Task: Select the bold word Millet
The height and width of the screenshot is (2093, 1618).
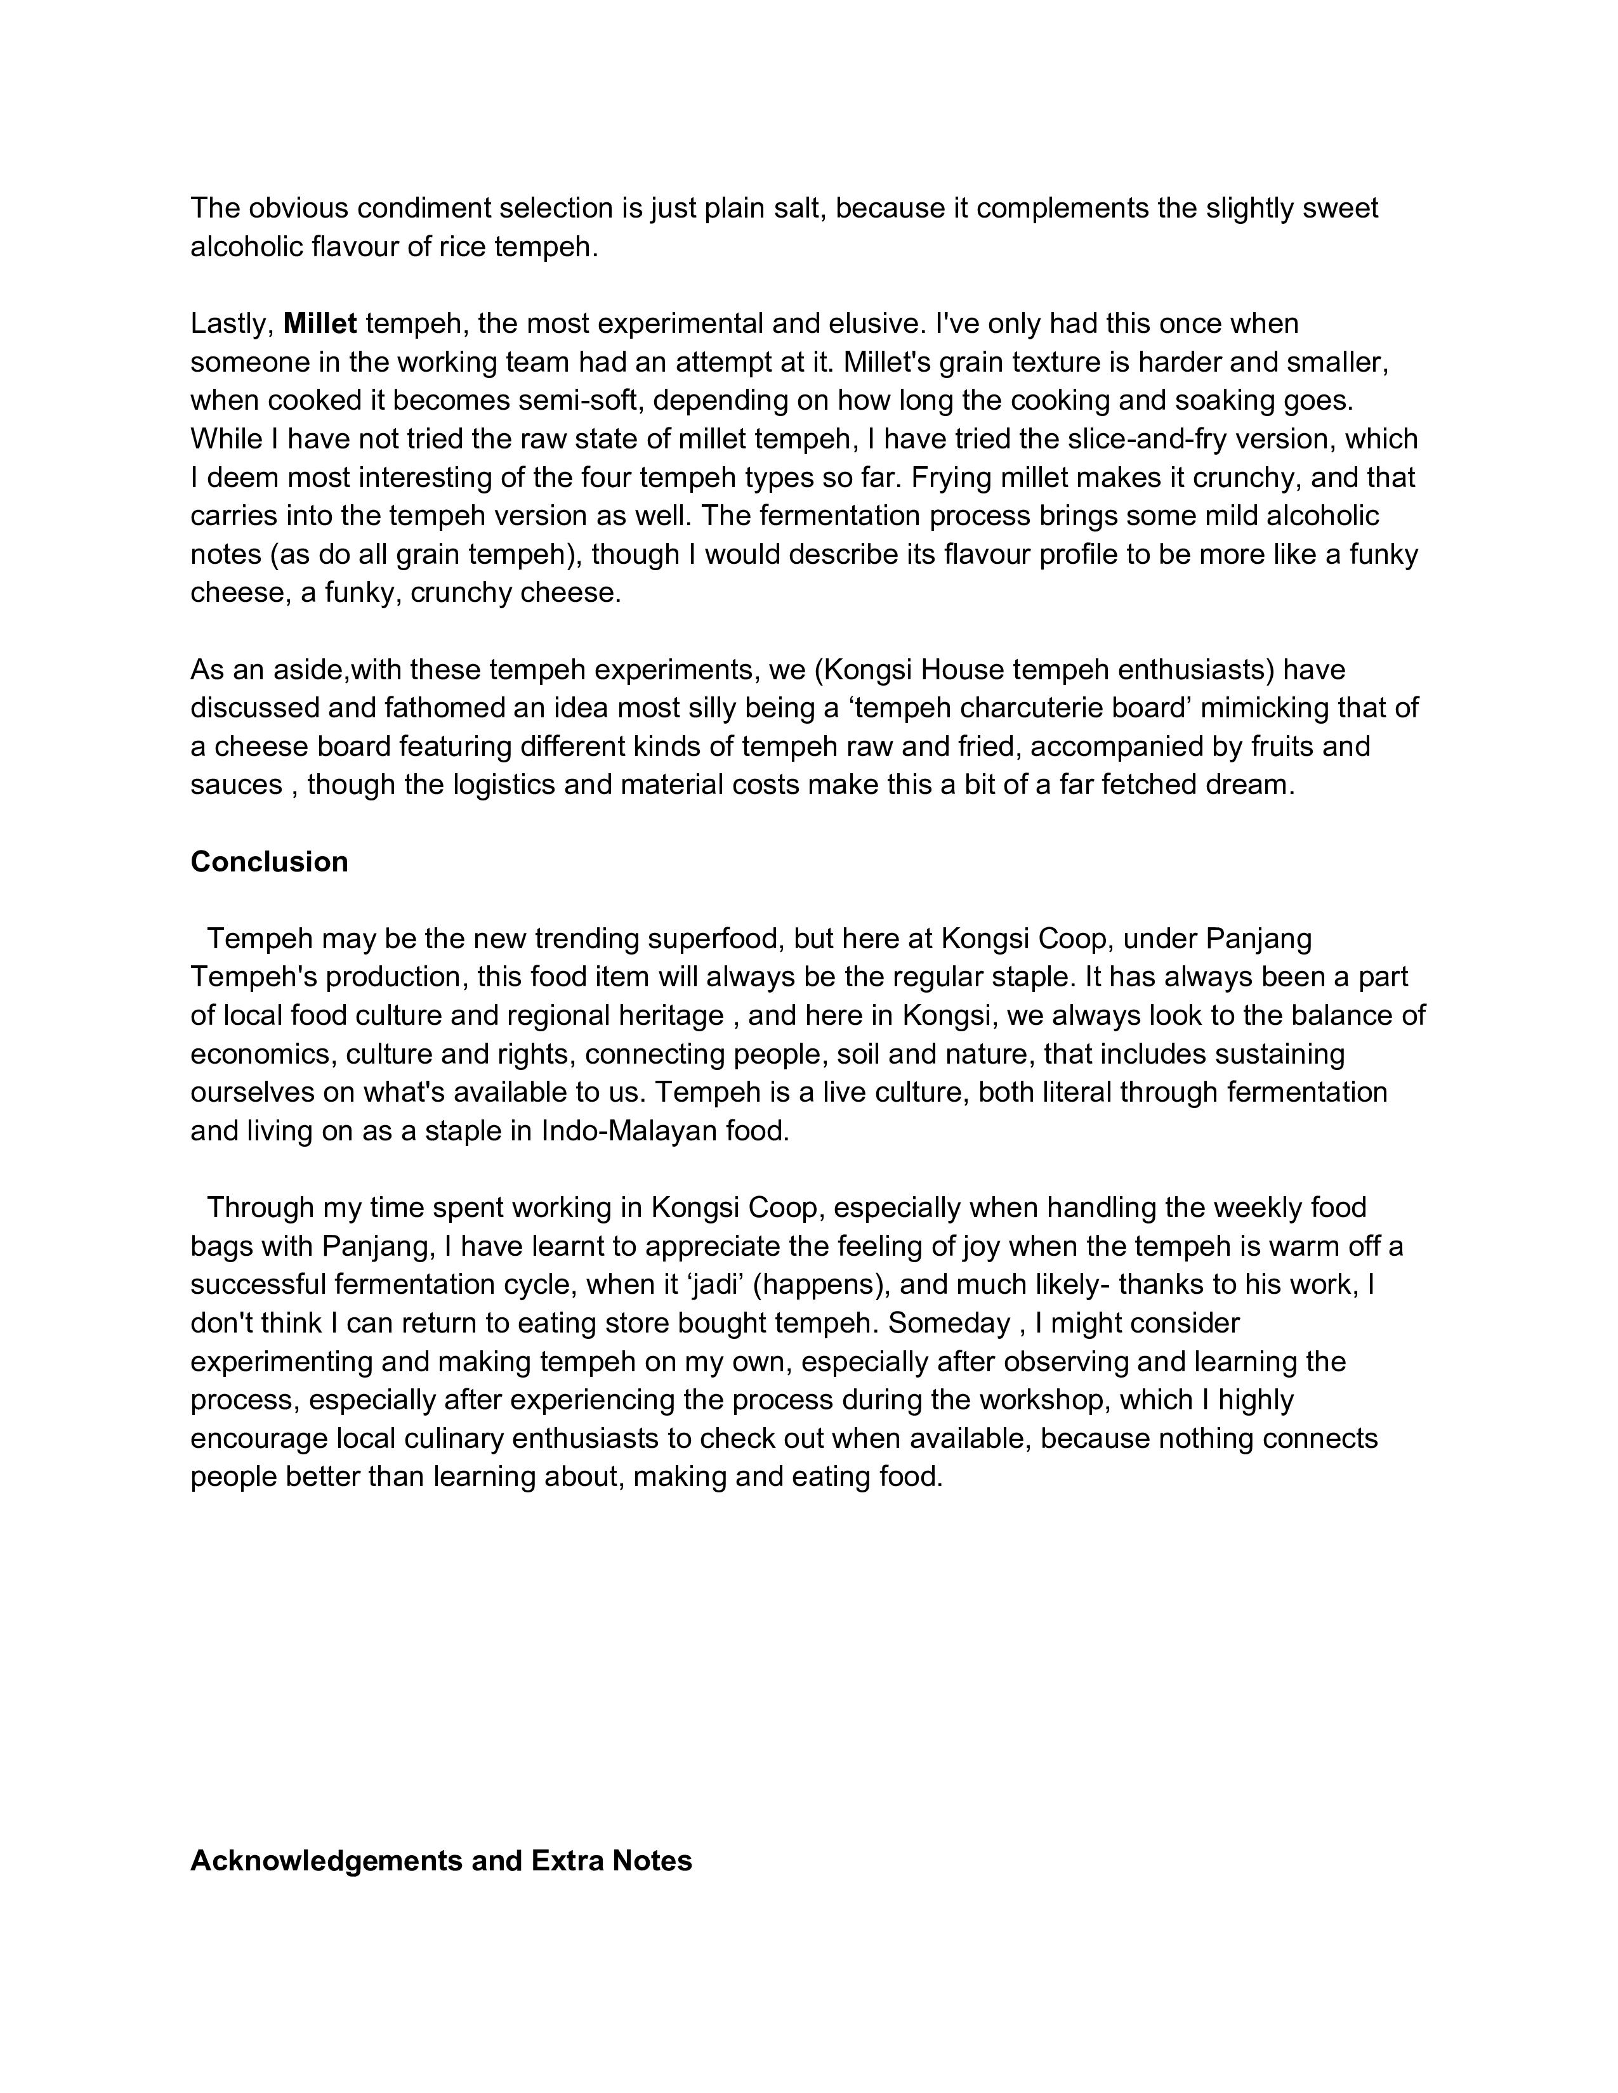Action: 320,324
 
